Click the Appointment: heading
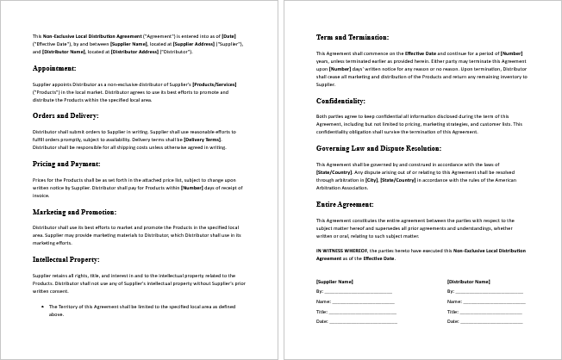click(55, 67)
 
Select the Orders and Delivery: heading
click(66, 115)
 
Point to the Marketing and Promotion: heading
click(74, 210)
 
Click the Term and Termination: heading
click(353, 38)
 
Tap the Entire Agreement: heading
click(347, 205)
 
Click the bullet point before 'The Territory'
click(43, 306)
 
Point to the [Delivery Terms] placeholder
click(202, 139)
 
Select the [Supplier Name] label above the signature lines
click(335, 282)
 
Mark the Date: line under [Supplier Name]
click(358, 320)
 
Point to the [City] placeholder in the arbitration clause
click(372, 180)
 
